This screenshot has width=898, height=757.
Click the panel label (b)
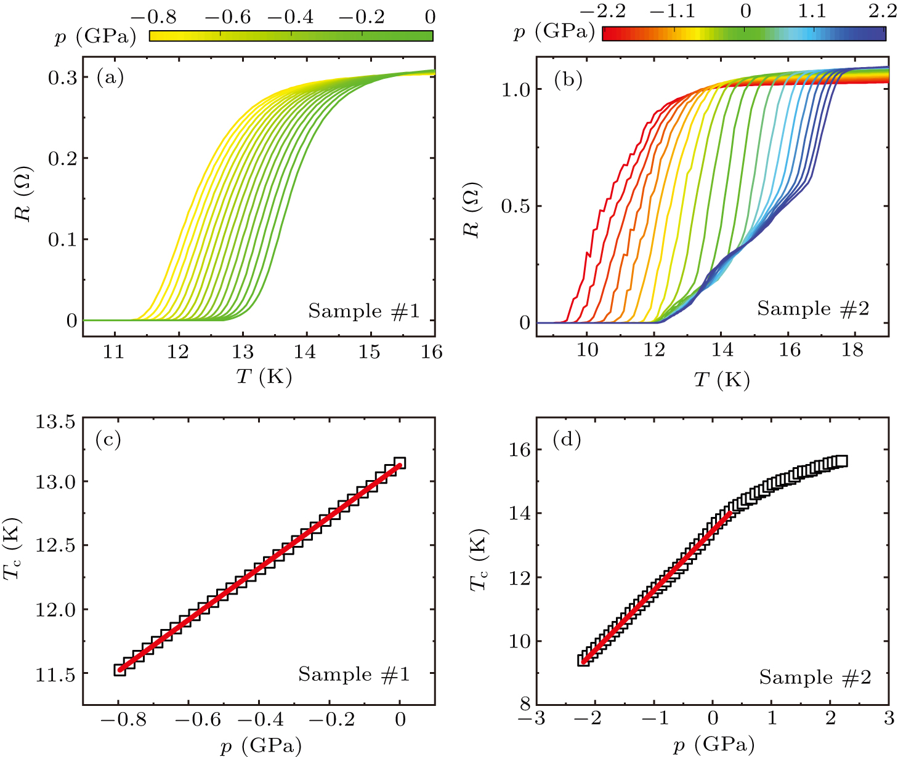[568, 81]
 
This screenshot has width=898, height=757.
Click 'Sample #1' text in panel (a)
[363, 311]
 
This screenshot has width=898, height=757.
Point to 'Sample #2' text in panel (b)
[813, 309]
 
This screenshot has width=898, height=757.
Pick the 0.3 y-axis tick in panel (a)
[63, 78]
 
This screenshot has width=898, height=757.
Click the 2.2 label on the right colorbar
[883, 11]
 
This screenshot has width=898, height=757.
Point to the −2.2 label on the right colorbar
[602, 11]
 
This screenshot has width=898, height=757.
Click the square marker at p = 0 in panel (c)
[399, 463]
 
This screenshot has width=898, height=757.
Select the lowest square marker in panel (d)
[583, 660]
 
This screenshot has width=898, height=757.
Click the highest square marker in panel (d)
[841, 461]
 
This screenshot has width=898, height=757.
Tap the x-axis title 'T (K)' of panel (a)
[264, 376]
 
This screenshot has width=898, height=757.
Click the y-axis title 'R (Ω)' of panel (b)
[472, 222]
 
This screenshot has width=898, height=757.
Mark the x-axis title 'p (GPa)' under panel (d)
[713, 746]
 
